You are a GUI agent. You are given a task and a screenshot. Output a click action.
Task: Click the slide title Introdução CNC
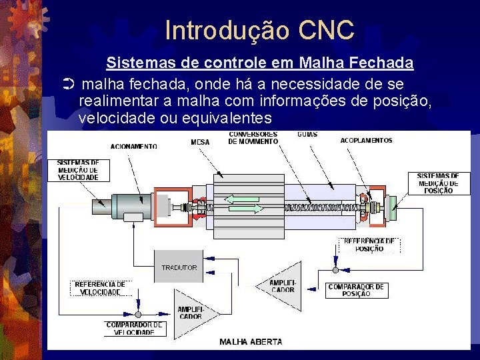259,30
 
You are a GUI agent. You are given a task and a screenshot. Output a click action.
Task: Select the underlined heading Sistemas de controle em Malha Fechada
260,63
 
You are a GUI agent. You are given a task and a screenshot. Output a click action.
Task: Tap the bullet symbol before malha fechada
68,85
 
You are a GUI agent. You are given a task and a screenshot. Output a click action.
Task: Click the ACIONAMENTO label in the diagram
133,146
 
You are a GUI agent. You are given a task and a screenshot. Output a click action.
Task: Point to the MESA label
200,142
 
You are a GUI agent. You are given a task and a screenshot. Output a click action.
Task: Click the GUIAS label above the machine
307,135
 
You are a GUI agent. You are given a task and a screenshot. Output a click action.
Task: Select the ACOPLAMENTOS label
366,141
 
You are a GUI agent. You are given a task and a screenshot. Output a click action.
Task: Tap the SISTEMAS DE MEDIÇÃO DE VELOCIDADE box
78,170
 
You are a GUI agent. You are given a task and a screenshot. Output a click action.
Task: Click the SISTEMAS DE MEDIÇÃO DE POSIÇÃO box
437,183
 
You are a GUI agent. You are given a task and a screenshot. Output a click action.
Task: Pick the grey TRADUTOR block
179,267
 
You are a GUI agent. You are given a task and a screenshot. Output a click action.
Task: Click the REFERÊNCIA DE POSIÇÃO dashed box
370,245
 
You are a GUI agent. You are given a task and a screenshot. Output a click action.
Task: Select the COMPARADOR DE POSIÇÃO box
357,291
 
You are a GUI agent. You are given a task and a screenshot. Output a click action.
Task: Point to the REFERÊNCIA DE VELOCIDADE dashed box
100,288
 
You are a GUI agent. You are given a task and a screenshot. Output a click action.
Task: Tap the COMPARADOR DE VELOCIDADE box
134,328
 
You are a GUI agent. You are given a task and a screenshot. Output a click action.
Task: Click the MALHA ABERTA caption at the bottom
251,342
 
